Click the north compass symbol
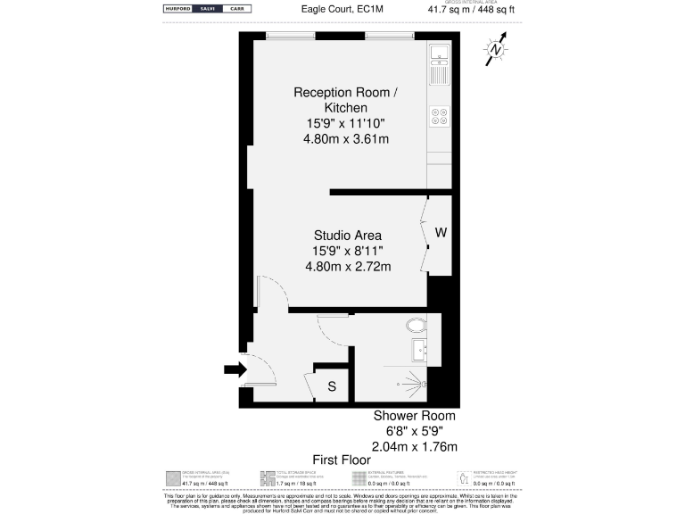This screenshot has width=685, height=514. tap(495, 51)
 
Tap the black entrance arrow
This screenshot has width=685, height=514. tap(234, 369)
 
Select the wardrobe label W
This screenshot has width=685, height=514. tap(441, 233)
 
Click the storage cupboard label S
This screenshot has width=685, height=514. tap(332, 386)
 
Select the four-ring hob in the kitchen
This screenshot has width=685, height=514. tap(439, 116)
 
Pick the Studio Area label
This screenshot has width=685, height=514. tap(348, 236)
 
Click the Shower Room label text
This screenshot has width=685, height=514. tap(414, 416)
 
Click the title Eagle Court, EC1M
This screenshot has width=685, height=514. tap(342, 9)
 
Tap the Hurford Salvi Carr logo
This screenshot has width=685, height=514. tap(207, 9)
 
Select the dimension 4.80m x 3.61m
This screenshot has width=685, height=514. tap(346, 138)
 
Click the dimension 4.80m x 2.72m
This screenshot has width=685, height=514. tap(348, 266)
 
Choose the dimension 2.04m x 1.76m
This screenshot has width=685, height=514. tap(414, 446)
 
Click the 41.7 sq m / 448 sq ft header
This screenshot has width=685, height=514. tap(471, 10)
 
